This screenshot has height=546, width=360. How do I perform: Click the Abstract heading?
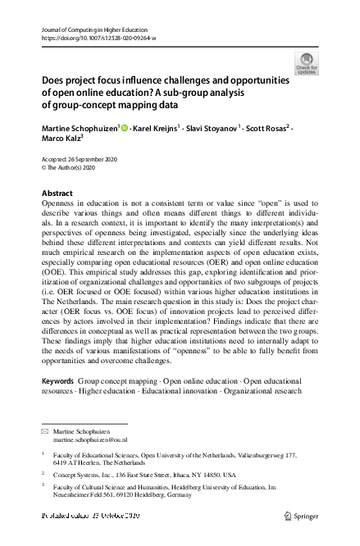(x=57, y=193)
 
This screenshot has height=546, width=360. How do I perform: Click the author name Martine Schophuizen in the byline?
(x=80, y=129)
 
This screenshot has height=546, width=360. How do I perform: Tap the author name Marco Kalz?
(x=61, y=140)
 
